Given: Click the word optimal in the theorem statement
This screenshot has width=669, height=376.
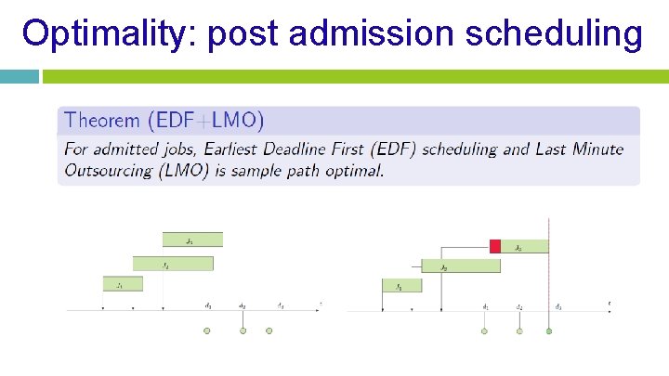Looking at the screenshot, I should click(x=357, y=170).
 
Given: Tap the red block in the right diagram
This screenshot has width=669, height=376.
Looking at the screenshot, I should click(x=495, y=246).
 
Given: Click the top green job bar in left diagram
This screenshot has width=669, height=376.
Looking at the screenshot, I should click(x=192, y=240).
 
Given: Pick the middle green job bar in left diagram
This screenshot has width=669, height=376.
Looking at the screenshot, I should click(x=173, y=264).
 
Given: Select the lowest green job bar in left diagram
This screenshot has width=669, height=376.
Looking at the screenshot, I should click(x=123, y=284).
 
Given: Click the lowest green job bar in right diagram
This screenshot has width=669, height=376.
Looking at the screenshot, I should click(x=401, y=286).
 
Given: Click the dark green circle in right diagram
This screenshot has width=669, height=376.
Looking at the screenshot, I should click(x=549, y=331).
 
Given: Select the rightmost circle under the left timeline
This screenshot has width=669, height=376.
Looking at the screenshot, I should click(x=269, y=331).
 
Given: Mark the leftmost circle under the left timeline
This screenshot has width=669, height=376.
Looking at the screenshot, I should click(x=207, y=331).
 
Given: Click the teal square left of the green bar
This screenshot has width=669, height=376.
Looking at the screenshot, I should click(x=19, y=76).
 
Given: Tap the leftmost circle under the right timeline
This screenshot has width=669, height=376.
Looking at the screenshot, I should click(x=485, y=331).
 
